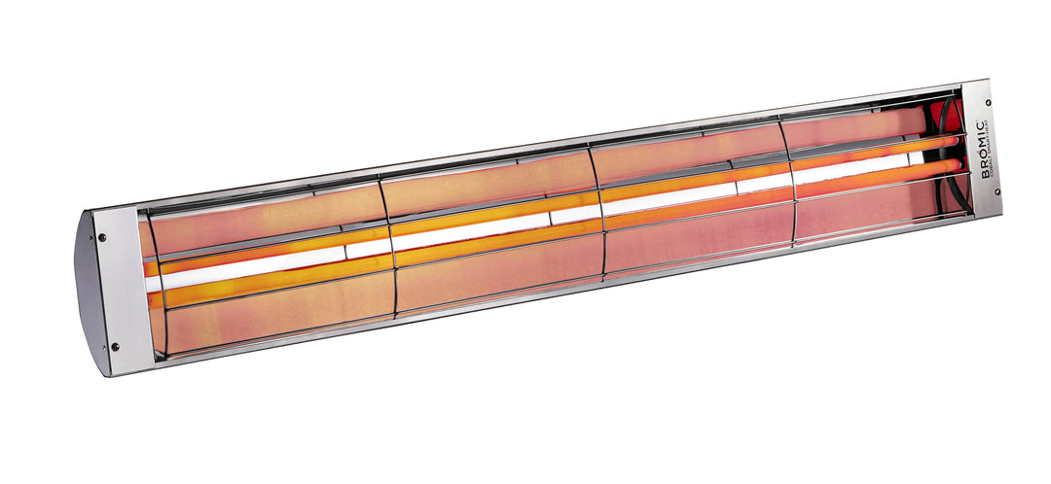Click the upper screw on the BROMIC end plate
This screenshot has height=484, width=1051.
(988, 101)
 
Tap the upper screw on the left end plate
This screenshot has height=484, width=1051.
(103, 236)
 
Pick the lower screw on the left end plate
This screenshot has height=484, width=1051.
(115, 346)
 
